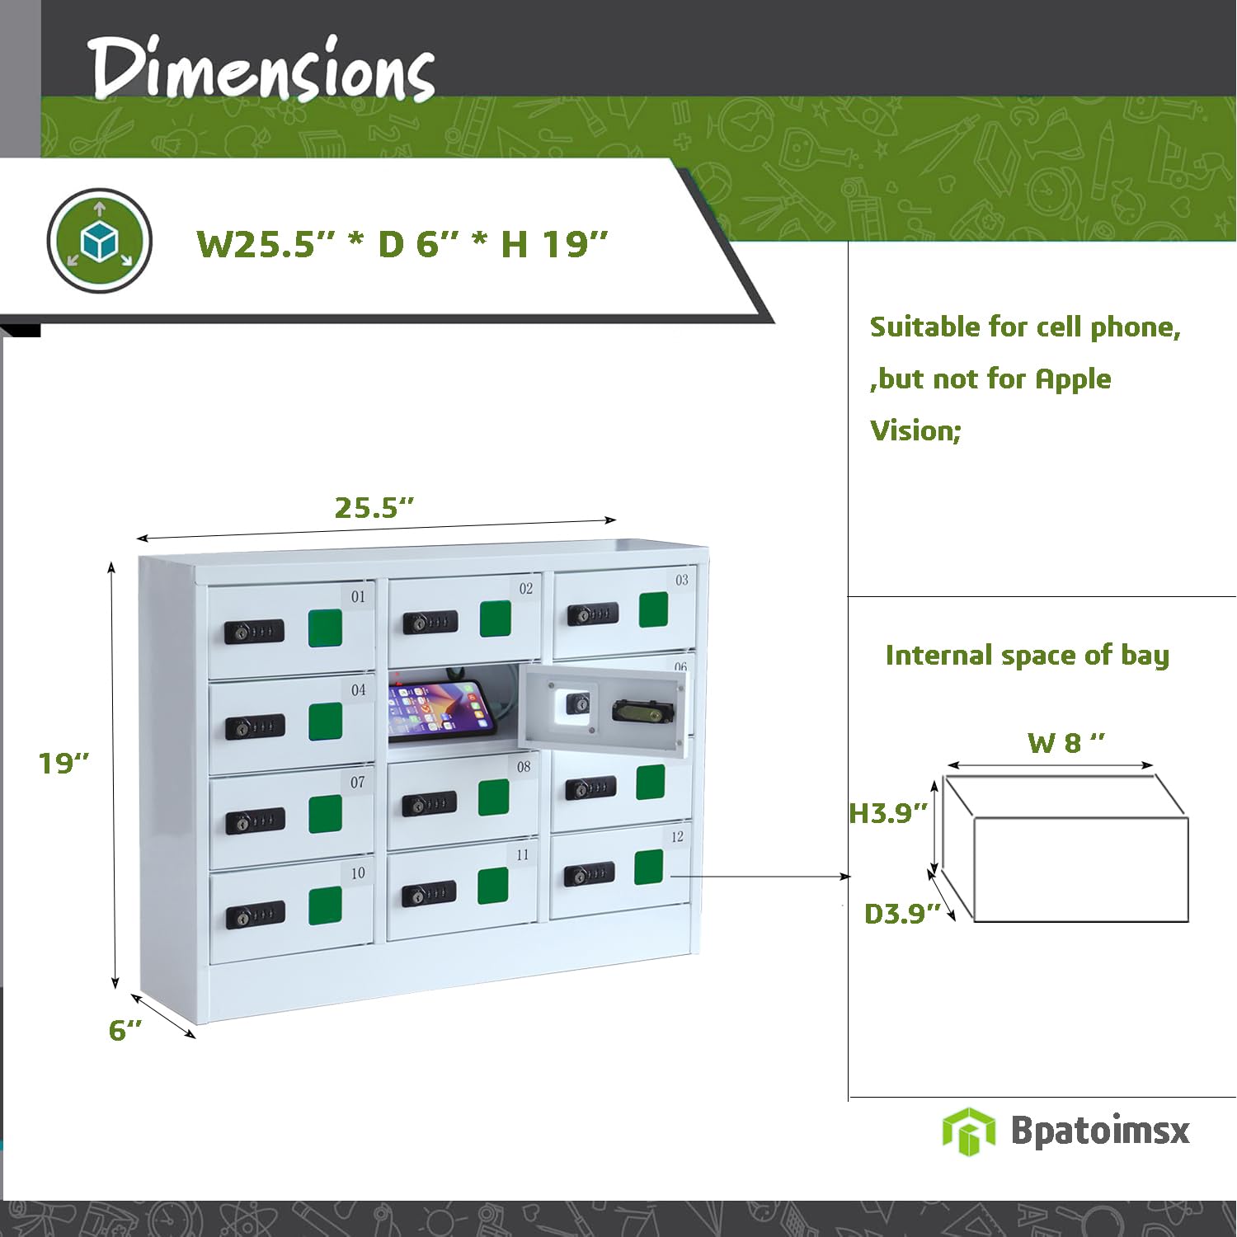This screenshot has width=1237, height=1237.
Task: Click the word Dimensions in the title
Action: pos(261,69)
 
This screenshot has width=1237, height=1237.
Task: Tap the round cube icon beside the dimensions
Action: pos(100,241)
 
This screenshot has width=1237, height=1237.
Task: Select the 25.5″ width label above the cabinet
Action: pos(374,507)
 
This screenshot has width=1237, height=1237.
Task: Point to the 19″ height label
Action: pos(63,763)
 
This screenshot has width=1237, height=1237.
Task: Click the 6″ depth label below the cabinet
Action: pos(125,1029)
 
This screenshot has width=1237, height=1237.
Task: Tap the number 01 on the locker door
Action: pos(358,596)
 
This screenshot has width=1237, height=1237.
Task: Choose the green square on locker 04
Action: pos(325,722)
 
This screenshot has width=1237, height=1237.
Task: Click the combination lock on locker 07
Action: pos(256,821)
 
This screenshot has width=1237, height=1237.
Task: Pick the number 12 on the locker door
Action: pos(677,836)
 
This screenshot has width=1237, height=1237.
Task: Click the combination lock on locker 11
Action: pos(429,894)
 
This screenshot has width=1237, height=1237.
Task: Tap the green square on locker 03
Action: pos(653,609)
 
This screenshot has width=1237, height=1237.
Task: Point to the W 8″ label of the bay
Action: pos(1065,742)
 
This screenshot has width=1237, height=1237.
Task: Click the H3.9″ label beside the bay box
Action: pos(888,813)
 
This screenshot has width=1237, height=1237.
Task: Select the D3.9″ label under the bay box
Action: pos(902,914)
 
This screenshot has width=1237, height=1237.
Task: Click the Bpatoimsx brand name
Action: pos(1100,1131)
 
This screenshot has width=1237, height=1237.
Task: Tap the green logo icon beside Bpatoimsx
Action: pos(968,1131)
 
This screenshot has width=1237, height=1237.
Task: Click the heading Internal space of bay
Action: pos(1028,655)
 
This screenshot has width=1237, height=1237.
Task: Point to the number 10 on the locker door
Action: pos(358,872)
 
